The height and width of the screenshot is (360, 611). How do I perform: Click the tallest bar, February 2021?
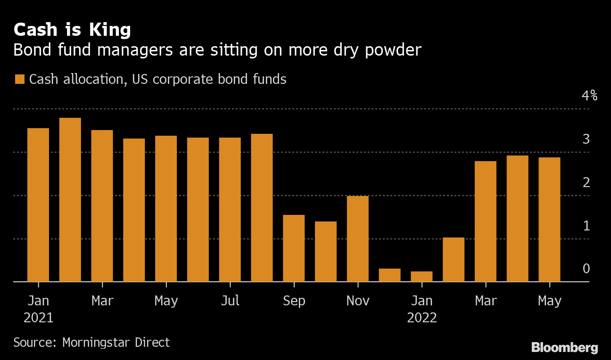[70, 200]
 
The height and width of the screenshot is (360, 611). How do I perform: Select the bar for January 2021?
[38, 205]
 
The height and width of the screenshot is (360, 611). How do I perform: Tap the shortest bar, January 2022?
[421, 277]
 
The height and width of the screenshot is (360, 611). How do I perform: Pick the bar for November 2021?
[358, 239]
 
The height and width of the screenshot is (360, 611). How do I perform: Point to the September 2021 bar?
[294, 248]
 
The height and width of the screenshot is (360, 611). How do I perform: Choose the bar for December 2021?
[389, 275]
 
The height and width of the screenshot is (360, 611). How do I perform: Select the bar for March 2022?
[486, 221]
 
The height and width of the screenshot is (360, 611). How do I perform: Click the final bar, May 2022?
[549, 220]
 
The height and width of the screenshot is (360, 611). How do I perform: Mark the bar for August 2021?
[262, 208]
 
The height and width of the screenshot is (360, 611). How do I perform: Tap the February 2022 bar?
[454, 260]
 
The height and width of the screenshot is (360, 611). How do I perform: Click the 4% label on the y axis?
[589, 96]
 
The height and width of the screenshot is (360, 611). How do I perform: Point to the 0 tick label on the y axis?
[586, 269]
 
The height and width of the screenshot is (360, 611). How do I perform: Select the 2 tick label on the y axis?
[586, 182]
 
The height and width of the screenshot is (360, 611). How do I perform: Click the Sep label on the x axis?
[294, 301]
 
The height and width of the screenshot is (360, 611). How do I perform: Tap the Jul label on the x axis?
[230, 301]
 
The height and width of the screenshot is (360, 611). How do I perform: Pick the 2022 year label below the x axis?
[422, 318]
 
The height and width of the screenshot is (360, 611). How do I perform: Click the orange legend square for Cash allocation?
[19, 80]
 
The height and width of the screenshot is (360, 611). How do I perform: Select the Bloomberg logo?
[565, 348]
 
